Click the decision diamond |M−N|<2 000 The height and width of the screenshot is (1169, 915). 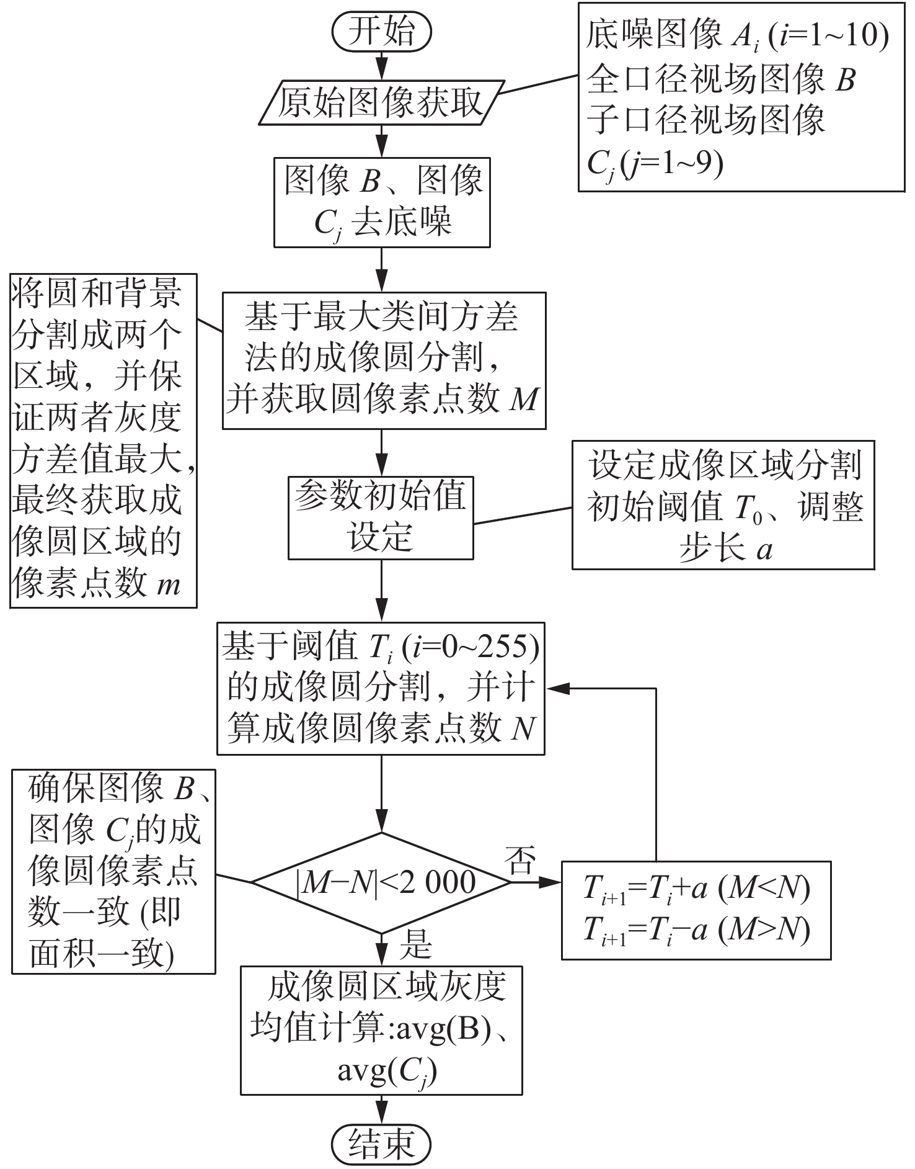pos(381,882)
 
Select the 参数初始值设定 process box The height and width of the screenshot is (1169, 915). pos(381,517)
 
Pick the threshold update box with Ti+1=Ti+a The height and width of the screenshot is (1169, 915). pos(696,910)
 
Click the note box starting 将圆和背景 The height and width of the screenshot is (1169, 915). pos(104,441)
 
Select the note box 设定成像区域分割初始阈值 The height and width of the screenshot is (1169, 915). pos(723,505)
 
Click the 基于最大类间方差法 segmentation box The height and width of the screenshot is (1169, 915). pos(384,361)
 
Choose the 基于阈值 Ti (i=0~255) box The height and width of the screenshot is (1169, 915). pos(381,688)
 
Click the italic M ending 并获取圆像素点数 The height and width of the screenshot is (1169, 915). pos(524,400)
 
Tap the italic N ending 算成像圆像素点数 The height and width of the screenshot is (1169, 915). pos(523,727)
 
